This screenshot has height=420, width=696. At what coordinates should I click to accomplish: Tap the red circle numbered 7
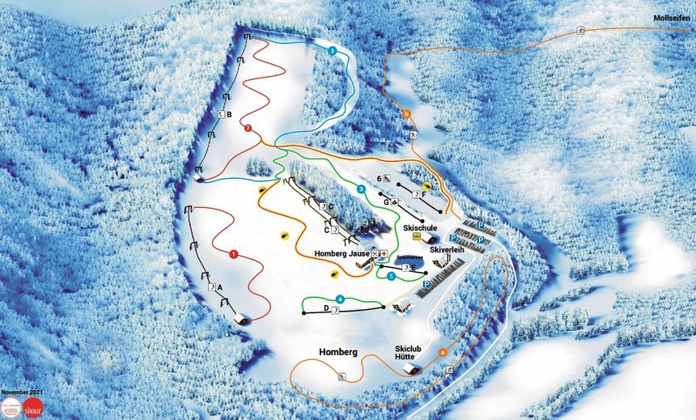point(248,128)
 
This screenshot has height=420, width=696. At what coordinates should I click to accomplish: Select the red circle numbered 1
point(233,254)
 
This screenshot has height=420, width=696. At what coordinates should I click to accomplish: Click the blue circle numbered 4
point(341,299)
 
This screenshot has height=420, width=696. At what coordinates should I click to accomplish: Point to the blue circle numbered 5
point(391,276)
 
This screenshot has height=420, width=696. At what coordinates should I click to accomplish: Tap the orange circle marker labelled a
point(442,352)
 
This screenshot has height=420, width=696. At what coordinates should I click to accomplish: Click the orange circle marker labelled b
point(406,114)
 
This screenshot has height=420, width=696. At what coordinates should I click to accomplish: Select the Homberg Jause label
point(341,254)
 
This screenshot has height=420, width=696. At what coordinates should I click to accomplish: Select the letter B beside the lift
point(230,115)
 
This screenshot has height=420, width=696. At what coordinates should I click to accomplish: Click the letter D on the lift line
point(326,308)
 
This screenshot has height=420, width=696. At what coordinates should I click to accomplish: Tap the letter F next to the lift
point(423,194)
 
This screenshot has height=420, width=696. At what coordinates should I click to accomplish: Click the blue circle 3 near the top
point(333,50)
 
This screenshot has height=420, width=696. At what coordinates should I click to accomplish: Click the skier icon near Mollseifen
point(580,31)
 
